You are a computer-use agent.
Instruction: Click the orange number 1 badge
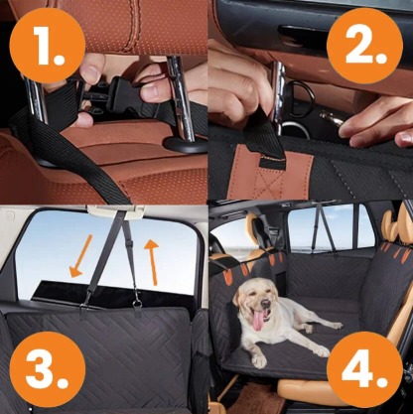(43, 44)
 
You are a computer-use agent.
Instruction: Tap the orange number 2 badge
(368, 44)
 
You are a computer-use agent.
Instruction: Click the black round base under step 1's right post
(185, 144)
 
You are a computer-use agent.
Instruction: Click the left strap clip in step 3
(92, 298)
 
